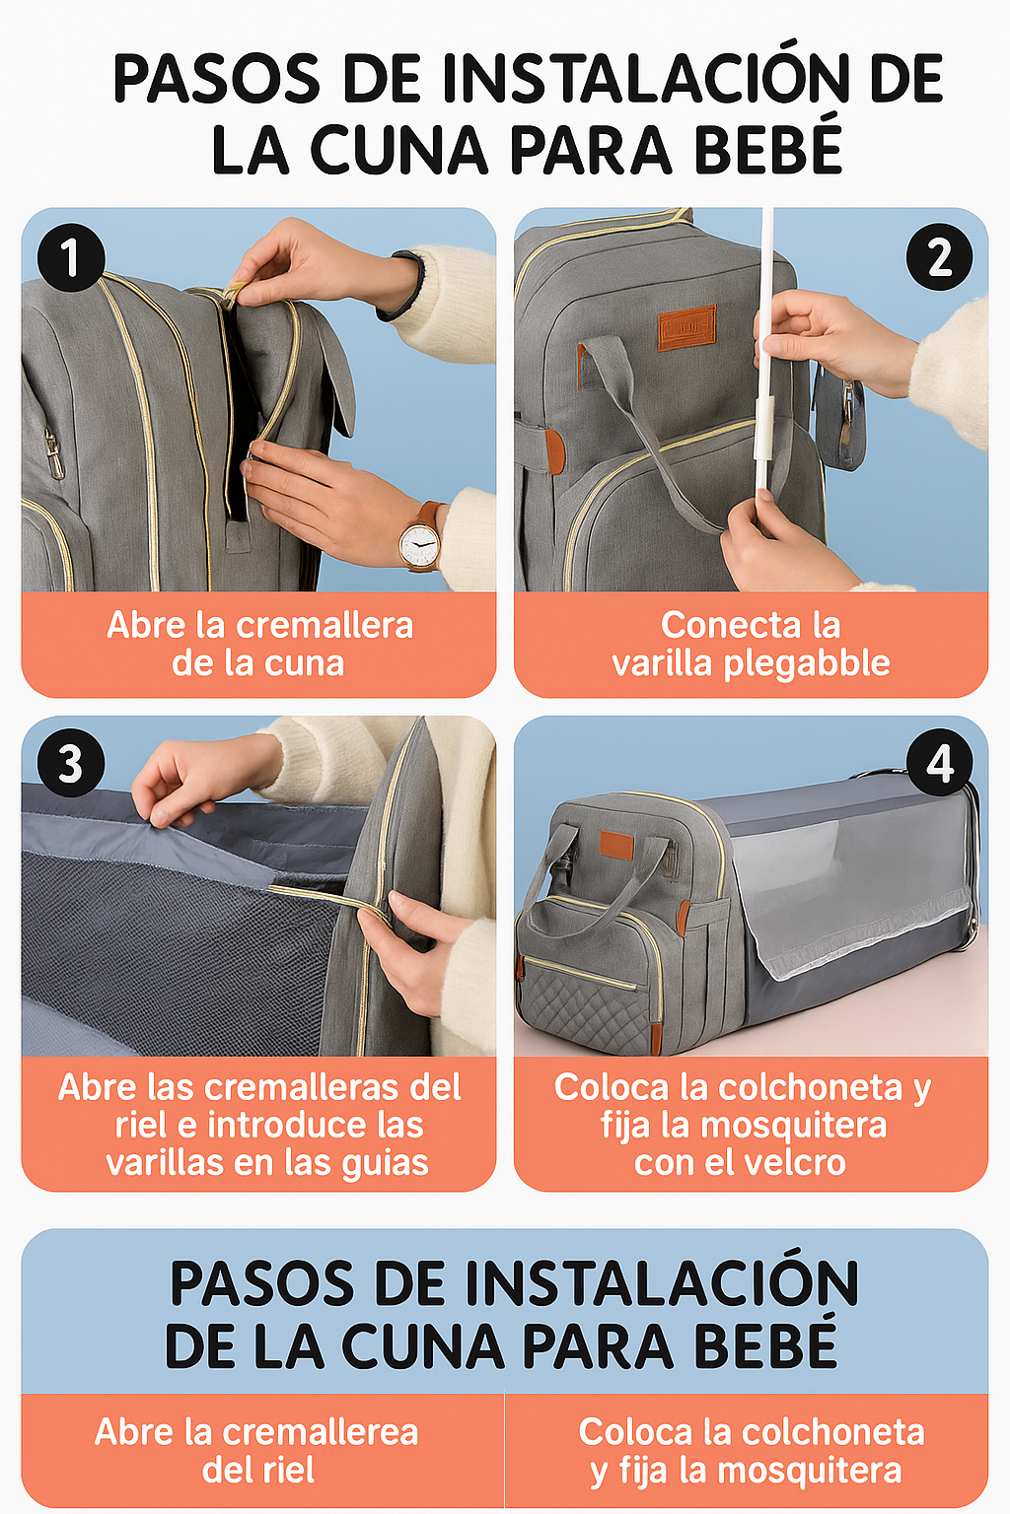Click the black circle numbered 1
click(x=71, y=257)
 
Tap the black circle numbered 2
click(x=939, y=257)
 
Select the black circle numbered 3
click(x=71, y=762)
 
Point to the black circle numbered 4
click(x=939, y=762)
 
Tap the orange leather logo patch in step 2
click(x=686, y=328)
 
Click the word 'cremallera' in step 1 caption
click(x=325, y=625)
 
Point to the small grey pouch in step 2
click(x=838, y=423)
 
